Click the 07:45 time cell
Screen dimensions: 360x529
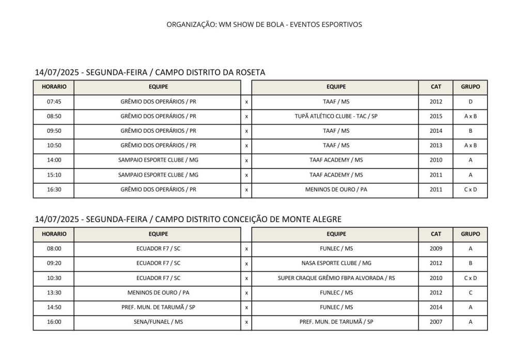point(54,102)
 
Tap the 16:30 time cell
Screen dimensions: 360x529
point(54,190)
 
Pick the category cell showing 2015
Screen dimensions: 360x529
point(435,116)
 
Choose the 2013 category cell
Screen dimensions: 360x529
point(435,146)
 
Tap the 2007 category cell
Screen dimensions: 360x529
point(435,322)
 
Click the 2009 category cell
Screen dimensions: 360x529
point(435,248)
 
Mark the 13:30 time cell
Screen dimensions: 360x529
point(54,293)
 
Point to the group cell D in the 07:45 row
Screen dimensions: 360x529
point(470,102)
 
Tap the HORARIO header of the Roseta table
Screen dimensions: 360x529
point(54,87)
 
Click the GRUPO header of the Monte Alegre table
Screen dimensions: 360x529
point(470,234)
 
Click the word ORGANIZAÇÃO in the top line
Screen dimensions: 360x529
point(191,24)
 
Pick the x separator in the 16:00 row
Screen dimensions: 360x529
point(246,322)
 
